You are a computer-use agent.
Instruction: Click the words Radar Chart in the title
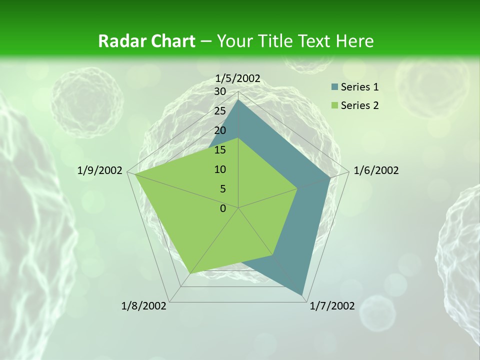click(146, 41)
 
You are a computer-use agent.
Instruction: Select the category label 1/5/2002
click(238, 78)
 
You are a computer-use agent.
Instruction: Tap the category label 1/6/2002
click(376, 170)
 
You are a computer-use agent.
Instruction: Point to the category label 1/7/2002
click(332, 306)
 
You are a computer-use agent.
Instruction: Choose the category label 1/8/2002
click(144, 306)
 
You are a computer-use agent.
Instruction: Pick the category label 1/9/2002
click(100, 170)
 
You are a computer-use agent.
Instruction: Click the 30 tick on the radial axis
click(220, 91)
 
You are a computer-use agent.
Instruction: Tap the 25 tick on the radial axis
click(220, 111)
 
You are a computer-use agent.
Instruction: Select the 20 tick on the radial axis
click(220, 130)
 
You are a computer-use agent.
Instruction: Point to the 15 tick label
click(220, 150)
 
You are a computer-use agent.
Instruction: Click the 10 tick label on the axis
click(220, 169)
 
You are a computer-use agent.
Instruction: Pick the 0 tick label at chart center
click(223, 208)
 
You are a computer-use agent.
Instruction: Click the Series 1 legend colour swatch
click(334, 87)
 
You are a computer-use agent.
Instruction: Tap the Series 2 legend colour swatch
click(334, 105)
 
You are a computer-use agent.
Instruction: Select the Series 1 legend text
click(359, 87)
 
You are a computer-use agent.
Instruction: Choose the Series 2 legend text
click(359, 105)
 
